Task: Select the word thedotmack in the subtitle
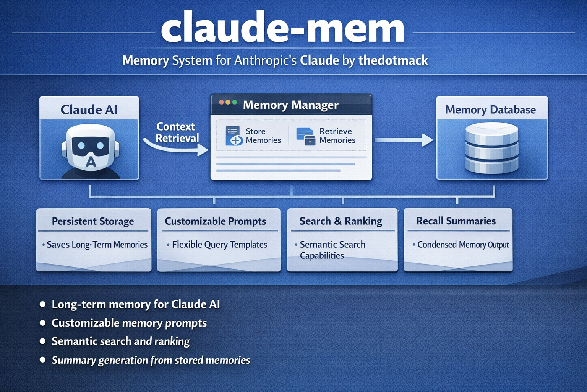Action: point(393,60)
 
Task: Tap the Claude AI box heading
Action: point(89,109)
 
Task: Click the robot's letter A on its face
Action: point(91,162)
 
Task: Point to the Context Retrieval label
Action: point(177,132)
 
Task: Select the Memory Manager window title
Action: point(290,105)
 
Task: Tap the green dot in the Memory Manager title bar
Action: point(235,102)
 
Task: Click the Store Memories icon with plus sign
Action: point(234,136)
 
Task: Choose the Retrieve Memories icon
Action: point(306,136)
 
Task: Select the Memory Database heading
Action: point(490,110)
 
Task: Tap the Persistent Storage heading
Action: point(93,221)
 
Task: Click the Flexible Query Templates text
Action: point(219,245)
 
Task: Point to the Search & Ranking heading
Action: point(341,221)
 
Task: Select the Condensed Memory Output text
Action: point(463,245)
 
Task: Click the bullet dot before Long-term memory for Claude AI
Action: point(43,305)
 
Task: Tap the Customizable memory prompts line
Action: point(129,323)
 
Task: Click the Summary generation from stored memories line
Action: point(151,360)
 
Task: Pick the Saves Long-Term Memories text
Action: point(97,245)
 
